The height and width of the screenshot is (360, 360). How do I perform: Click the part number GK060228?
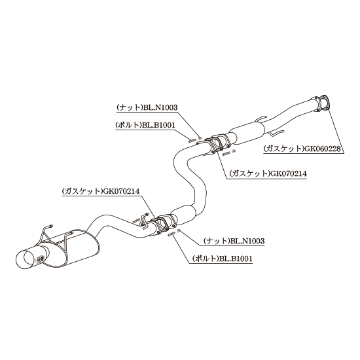pos(303,149)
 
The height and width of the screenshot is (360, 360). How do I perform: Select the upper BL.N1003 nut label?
pos(147,107)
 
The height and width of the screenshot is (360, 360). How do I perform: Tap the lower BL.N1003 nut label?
pos(234,241)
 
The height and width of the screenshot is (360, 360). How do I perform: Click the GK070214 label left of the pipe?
pos(101,191)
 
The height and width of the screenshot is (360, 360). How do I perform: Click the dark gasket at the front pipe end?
pos(324,102)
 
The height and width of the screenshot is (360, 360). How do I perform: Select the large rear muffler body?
pos(76,250)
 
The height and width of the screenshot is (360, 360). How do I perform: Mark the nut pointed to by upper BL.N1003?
pos(200,138)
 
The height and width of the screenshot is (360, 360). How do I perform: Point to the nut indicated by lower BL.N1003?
pos(179,230)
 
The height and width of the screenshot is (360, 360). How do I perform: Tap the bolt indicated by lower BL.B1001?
pos(171,234)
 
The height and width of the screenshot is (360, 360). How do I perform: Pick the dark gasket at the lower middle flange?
pos(160,225)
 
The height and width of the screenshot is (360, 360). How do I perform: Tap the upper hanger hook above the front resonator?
pos(261,119)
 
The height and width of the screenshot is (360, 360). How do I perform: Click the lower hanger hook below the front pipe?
pos(277,133)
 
